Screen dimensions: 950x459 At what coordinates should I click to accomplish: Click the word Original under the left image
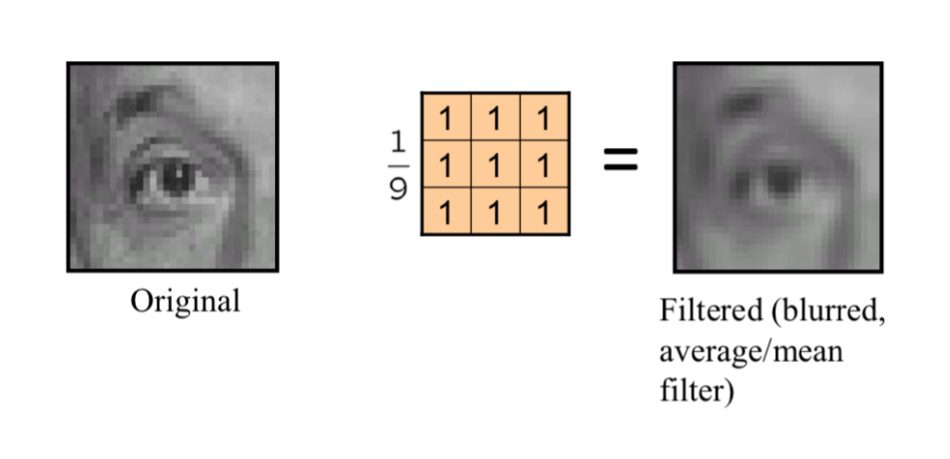(x=185, y=302)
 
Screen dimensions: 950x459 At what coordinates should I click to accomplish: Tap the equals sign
(x=620, y=160)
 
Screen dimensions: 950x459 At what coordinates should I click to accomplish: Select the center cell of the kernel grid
(x=495, y=164)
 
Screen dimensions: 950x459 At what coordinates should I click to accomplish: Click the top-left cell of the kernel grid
(x=445, y=118)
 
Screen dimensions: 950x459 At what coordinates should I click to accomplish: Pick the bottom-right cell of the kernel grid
(x=545, y=211)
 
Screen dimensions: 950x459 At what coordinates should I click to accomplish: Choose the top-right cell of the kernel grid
(x=545, y=118)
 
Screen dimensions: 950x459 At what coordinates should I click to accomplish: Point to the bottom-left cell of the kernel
(x=445, y=211)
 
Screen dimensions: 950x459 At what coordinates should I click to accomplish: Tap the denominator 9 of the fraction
(x=398, y=186)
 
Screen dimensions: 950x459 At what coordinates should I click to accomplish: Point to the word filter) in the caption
(x=695, y=390)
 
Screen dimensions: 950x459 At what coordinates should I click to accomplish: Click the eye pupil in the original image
(x=176, y=178)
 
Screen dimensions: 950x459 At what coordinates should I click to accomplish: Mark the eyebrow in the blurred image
(x=741, y=103)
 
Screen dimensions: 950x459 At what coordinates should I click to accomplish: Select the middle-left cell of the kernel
(x=445, y=164)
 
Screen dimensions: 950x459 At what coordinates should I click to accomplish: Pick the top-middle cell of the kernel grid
(x=495, y=118)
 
